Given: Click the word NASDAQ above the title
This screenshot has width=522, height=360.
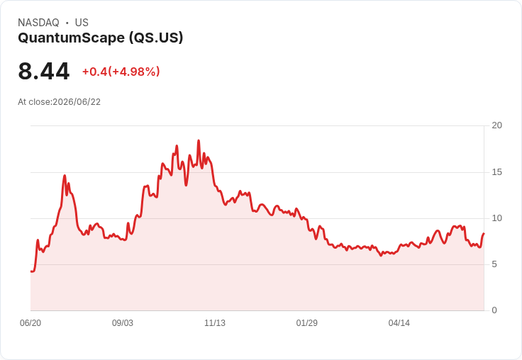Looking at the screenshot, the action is pyautogui.click(x=38, y=23).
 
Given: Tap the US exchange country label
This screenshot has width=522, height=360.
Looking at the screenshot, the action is pyautogui.click(x=82, y=23).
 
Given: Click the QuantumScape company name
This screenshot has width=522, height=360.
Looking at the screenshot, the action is pyautogui.click(x=71, y=38).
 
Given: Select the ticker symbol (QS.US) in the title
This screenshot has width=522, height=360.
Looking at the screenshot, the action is pyautogui.click(x=156, y=38).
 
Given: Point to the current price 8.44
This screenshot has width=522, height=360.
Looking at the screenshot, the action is pyautogui.click(x=43, y=71).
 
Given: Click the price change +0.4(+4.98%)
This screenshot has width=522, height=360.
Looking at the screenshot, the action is pyautogui.click(x=121, y=72).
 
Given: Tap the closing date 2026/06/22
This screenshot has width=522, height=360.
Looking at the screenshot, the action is pyautogui.click(x=77, y=102).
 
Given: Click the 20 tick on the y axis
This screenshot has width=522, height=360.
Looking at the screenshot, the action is pyautogui.click(x=497, y=125).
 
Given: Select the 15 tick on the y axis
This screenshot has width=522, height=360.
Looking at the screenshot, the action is pyautogui.click(x=497, y=172).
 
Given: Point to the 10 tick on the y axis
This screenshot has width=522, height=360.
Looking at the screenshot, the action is pyautogui.click(x=497, y=218).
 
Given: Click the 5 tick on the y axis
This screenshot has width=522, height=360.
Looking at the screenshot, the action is pyautogui.click(x=494, y=264).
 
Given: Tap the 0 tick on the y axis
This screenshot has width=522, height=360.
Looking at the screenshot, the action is pyautogui.click(x=494, y=310).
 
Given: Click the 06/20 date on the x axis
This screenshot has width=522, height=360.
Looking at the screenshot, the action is pyautogui.click(x=30, y=323).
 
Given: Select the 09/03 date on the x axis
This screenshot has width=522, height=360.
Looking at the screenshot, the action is pyautogui.click(x=123, y=323).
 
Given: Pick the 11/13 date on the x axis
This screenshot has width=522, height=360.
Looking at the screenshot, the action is pyautogui.click(x=215, y=323).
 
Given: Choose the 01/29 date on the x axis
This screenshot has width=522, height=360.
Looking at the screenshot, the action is pyautogui.click(x=307, y=323).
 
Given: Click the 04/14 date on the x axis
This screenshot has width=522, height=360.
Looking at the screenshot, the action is pyautogui.click(x=399, y=323).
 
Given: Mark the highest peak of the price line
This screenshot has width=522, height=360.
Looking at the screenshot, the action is pyautogui.click(x=199, y=140).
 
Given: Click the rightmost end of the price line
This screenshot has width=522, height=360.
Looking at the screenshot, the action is pyautogui.click(x=484, y=234).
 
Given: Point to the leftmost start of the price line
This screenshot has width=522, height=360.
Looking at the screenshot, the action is pyautogui.click(x=31, y=271).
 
